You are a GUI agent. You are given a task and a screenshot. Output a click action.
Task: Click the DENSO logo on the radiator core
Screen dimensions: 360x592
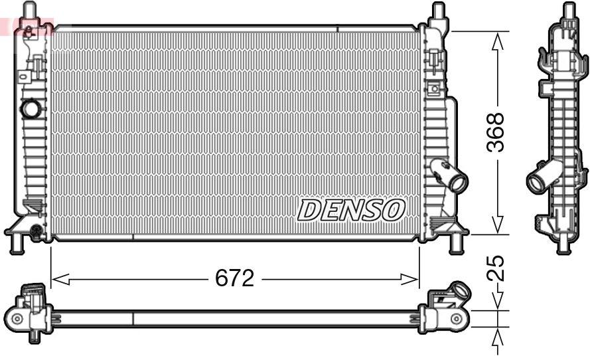point(350,210)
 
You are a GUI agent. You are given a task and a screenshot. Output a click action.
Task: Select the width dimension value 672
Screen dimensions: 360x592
point(234,279)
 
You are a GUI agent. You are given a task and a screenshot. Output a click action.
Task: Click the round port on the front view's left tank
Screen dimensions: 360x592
point(30,108)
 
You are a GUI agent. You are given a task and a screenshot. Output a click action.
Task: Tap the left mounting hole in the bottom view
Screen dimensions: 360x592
point(17,319)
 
